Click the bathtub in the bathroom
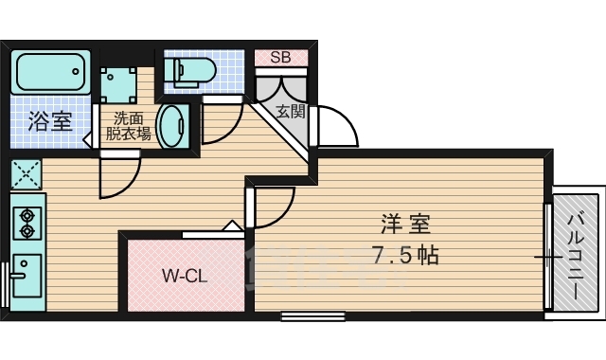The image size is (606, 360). click(x=50, y=71)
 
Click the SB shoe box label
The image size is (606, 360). click(x=281, y=57)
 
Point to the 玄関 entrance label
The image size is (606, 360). click(x=290, y=111)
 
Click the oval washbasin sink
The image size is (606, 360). click(x=172, y=126)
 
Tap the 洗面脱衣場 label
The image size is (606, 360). click(x=128, y=126)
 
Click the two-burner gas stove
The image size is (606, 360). click(x=26, y=220)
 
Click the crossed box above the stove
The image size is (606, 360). click(x=26, y=173)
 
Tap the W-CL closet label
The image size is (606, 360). click(x=186, y=277)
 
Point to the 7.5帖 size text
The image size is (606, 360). click(x=406, y=255)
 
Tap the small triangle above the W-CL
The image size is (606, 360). click(x=230, y=226)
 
